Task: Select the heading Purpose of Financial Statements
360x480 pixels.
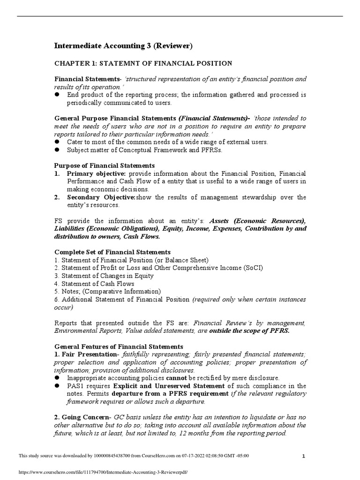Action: click(x=105, y=165)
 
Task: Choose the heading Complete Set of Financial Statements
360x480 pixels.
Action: click(x=112, y=252)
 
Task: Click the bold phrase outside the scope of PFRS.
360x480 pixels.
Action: click(x=249, y=330)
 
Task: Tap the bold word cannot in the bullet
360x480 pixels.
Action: click(x=175, y=378)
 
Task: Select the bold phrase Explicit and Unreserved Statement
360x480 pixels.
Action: click(x=157, y=386)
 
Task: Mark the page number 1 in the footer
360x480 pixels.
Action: click(x=304, y=456)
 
